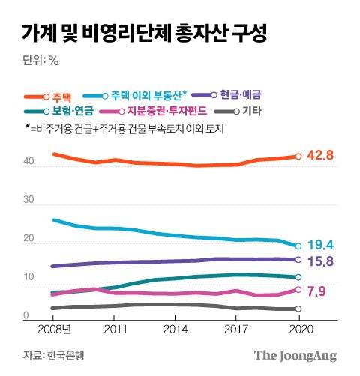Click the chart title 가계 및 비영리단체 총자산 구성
[142, 32]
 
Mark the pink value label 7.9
[316, 291]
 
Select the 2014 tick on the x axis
[176, 329]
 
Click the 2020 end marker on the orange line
[298, 157]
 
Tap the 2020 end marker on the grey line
[298, 309]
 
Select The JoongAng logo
[295, 355]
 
